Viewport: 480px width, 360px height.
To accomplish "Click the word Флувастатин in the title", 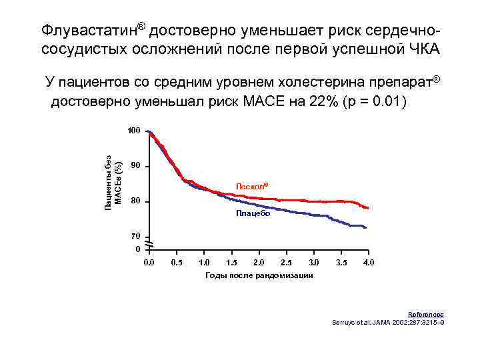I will point(89,31).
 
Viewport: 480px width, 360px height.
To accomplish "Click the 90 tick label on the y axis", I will point(136,166).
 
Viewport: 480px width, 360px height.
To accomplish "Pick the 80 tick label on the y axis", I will point(136,201).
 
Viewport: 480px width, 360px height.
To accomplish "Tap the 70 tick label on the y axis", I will point(136,237).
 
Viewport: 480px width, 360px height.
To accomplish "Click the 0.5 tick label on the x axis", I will point(177,263).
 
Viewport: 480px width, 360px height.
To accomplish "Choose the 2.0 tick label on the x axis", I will point(259,263).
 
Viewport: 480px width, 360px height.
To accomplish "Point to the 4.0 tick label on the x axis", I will point(369,263).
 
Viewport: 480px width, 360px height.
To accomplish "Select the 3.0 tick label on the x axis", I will point(314,263).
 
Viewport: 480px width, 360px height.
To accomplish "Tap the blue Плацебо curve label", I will point(253,213).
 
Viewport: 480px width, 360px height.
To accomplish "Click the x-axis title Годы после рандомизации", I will point(259,275).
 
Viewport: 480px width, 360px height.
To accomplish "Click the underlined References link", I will point(425,315).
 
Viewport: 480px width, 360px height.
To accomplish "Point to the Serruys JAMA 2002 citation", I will point(388,322).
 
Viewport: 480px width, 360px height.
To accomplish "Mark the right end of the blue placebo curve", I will point(366,228).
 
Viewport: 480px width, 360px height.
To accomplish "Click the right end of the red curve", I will point(367,208).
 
